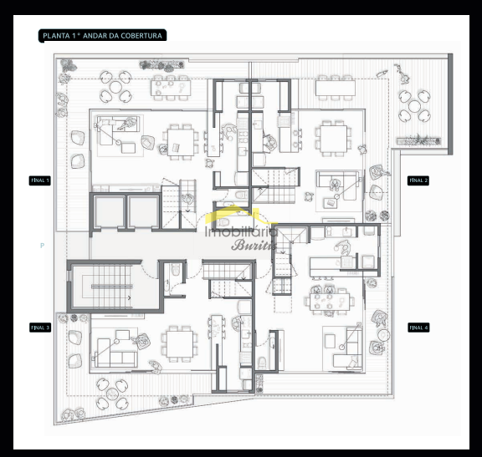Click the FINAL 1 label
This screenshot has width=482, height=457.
(x=40, y=180)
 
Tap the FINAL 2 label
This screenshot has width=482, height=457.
(x=418, y=180)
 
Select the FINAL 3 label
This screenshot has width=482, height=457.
(x=40, y=328)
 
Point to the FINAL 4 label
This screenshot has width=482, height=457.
(x=418, y=328)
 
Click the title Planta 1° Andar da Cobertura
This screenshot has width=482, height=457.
(x=102, y=36)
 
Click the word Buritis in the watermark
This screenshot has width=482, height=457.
(x=254, y=245)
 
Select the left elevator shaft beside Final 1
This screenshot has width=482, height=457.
(x=109, y=211)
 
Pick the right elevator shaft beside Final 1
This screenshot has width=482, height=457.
(x=143, y=211)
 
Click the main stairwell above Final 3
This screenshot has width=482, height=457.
(x=112, y=287)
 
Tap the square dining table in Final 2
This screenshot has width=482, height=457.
(x=334, y=139)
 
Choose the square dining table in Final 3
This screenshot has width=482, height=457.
(x=180, y=343)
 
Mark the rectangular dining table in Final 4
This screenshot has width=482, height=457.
(x=330, y=302)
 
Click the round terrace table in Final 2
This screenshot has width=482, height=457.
(x=414, y=106)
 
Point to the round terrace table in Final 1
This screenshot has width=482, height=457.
(x=115, y=87)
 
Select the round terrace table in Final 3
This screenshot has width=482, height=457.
(x=112, y=394)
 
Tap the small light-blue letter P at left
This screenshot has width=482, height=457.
(x=42, y=246)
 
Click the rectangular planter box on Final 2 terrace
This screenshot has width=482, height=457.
(x=418, y=141)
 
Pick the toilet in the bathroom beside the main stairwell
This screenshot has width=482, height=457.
(x=176, y=269)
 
